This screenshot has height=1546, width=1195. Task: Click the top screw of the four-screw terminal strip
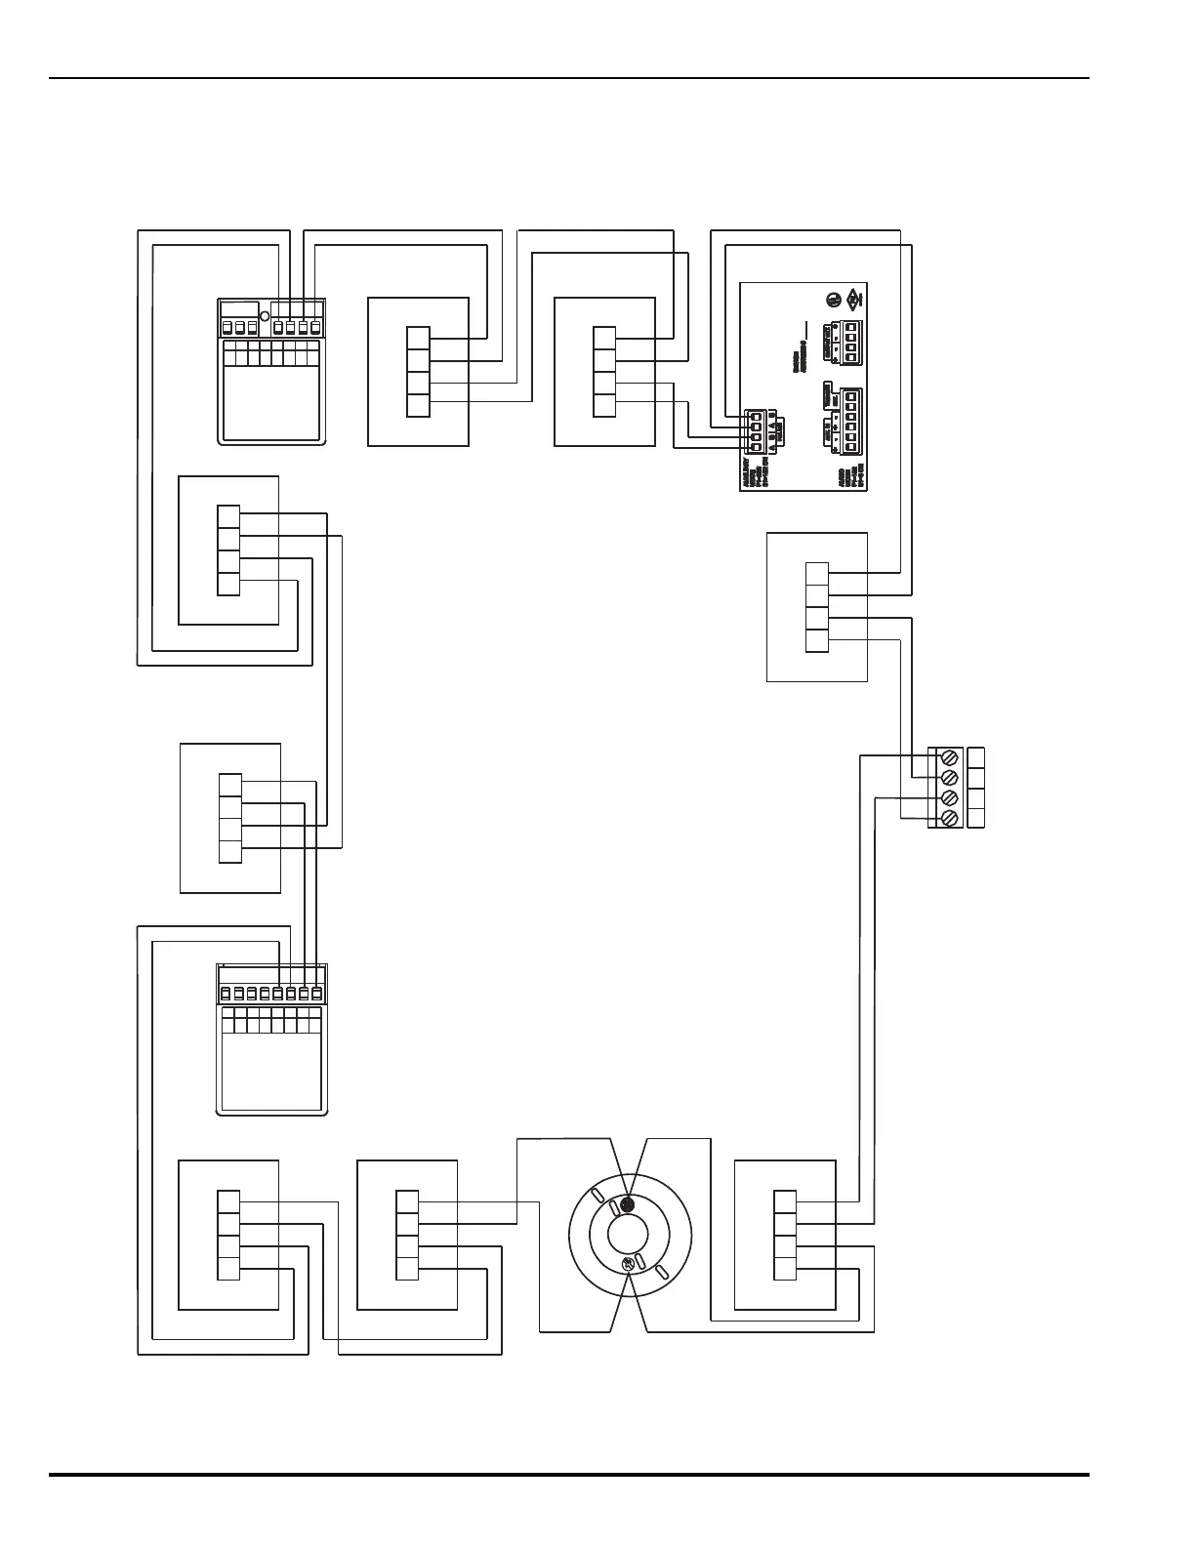point(947,758)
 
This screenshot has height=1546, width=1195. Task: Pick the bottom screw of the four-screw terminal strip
point(947,818)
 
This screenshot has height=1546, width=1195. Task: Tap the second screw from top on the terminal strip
point(947,778)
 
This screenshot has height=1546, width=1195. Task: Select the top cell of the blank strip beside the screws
point(975,758)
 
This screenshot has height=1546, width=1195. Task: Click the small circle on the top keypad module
point(265,317)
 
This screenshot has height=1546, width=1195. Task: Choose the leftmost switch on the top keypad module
point(228,327)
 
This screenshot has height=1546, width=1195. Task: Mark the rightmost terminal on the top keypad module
point(315,327)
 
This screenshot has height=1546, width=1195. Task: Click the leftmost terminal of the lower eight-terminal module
point(226,994)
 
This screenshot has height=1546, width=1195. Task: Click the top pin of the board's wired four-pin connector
point(756,415)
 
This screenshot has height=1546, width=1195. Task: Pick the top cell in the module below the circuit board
point(817,574)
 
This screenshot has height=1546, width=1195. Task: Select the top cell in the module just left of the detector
point(407,1202)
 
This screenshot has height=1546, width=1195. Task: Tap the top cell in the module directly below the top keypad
point(228,516)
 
